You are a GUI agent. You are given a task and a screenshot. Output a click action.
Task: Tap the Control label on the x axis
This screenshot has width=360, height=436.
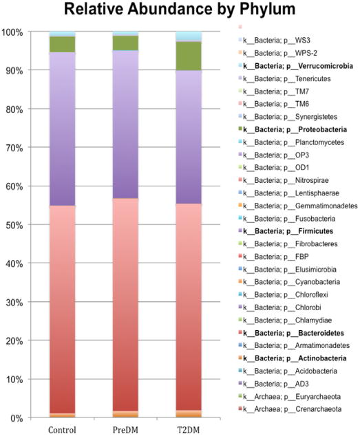pyautogui.click(x=62, y=430)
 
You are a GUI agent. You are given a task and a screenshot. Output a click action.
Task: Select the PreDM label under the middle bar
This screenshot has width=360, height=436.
pyautogui.click(x=125, y=430)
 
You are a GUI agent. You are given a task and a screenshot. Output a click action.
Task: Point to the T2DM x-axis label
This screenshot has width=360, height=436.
pyautogui.click(x=189, y=430)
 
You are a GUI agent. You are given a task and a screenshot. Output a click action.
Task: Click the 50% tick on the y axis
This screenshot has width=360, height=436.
pyautogui.click(x=14, y=226)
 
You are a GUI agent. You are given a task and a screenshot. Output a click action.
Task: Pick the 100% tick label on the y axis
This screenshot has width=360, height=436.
pyautogui.click(x=12, y=32)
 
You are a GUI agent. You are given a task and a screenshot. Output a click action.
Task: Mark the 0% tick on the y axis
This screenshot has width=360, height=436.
pyautogui.click(x=17, y=418)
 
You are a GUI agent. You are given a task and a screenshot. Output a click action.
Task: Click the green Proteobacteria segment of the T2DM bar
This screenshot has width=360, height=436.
pyautogui.click(x=189, y=56)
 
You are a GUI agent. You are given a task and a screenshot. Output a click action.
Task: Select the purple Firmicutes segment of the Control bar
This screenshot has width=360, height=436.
pyautogui.click(x=62, y=129)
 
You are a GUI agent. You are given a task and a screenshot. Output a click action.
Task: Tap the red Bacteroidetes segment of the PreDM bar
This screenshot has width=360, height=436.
pyautogui.click(x=125, y=305)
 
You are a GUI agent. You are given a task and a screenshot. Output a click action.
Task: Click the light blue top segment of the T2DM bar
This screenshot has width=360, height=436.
pyautogui.click(x=189, y=36)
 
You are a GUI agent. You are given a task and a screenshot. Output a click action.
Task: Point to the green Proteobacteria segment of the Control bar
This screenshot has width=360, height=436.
pyautogui.click(x=62, y=45)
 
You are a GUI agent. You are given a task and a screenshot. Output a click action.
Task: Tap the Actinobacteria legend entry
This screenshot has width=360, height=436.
pyautogui.click(x=293, y=358)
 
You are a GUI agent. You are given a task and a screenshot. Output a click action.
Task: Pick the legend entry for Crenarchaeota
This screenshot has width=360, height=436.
pyautogui.click(x=290, y=409)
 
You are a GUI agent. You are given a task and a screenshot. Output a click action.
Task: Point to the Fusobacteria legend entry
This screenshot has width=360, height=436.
pyautogui.click(x=287, y=219)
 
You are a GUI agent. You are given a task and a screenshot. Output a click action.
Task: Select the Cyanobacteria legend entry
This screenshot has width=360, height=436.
pyautogui.click(x=289, y=282)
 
